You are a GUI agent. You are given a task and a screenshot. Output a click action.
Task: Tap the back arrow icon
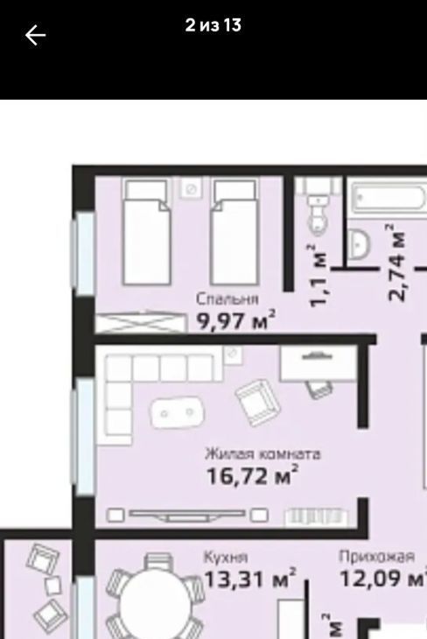(x=36, y=35)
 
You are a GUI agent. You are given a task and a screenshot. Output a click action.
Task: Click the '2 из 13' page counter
(x=213, y=25)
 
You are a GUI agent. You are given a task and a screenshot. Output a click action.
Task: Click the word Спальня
(x=227, y=299)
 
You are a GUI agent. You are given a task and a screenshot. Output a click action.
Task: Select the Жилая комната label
(x=262, y=454)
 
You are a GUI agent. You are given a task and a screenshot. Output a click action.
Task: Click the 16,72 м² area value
(x=253, y=475)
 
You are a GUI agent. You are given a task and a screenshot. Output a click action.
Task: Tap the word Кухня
(x=226, y=557)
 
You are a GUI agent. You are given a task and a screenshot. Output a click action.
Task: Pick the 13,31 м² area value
(x=249, y=578)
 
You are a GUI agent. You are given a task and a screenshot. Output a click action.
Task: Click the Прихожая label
(x=377, y=556)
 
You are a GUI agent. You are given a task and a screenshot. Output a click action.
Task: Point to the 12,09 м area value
(x=382, y=578)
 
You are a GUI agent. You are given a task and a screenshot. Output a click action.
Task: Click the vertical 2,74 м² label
(x=396, y=262)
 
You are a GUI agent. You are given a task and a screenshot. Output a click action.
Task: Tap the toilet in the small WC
(x=318, y=214)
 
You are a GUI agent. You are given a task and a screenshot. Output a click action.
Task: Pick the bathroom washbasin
(x=359, y=244)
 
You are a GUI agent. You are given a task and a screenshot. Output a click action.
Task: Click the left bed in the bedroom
(x=147, y=232)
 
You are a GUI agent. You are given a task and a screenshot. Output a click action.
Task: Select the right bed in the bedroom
(x=234, y=232)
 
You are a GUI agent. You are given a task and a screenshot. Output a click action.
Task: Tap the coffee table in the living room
(x=178, y=413)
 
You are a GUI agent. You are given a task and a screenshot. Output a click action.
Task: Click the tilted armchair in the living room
(x=257, y=403)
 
